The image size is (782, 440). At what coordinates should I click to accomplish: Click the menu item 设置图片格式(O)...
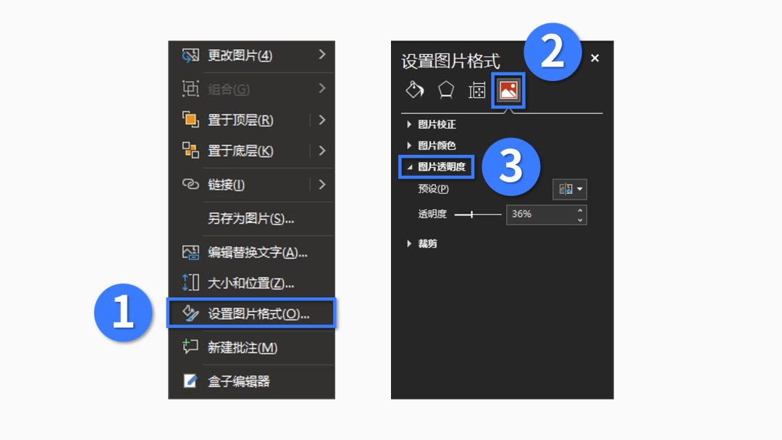[258, 314]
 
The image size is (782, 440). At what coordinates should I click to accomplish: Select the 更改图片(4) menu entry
[240, 55]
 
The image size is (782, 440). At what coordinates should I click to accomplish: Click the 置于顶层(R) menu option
[240, 120]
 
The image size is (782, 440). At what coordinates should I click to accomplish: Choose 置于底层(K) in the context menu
[240, 151]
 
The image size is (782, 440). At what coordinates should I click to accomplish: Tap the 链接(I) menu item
[226, 185]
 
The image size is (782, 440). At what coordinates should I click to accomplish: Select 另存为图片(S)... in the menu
[251, 219]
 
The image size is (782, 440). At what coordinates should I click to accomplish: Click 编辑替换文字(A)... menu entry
[257, 253]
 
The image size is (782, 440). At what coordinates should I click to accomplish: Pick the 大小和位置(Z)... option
[251, 283]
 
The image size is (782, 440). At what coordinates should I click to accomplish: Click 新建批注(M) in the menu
[242, 347]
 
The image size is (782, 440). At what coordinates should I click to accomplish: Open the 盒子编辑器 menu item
[238, 381]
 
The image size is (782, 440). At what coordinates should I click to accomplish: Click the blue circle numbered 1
[123, 314]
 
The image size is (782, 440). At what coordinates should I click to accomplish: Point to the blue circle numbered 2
[552, 52]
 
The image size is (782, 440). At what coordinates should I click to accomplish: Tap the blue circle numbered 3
[511, 166]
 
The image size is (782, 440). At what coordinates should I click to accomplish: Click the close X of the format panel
[595, 59]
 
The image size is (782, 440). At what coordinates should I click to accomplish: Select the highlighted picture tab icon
[508, 90]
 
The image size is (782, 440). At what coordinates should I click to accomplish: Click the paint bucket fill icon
[415, 90]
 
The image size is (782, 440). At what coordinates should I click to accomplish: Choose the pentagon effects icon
[446, 90]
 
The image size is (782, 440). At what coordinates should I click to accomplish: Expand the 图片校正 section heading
[437, 124]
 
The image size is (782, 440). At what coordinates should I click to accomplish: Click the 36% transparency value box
[540, 214]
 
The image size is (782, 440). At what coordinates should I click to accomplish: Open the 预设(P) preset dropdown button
[570, 190]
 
